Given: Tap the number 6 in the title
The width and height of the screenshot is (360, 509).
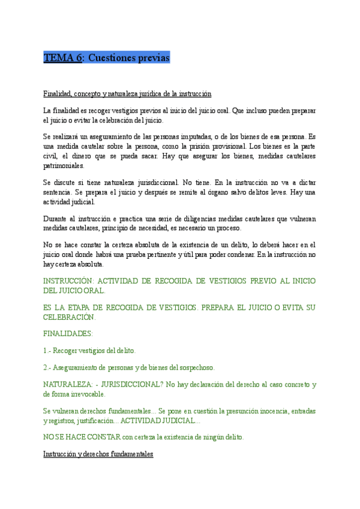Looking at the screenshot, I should point(79,58).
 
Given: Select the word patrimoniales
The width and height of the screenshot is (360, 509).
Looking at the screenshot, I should point(64,166).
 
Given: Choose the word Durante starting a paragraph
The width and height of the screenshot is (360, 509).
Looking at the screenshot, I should point(58,218).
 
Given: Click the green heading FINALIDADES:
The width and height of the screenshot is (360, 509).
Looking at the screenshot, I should point(68,333).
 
